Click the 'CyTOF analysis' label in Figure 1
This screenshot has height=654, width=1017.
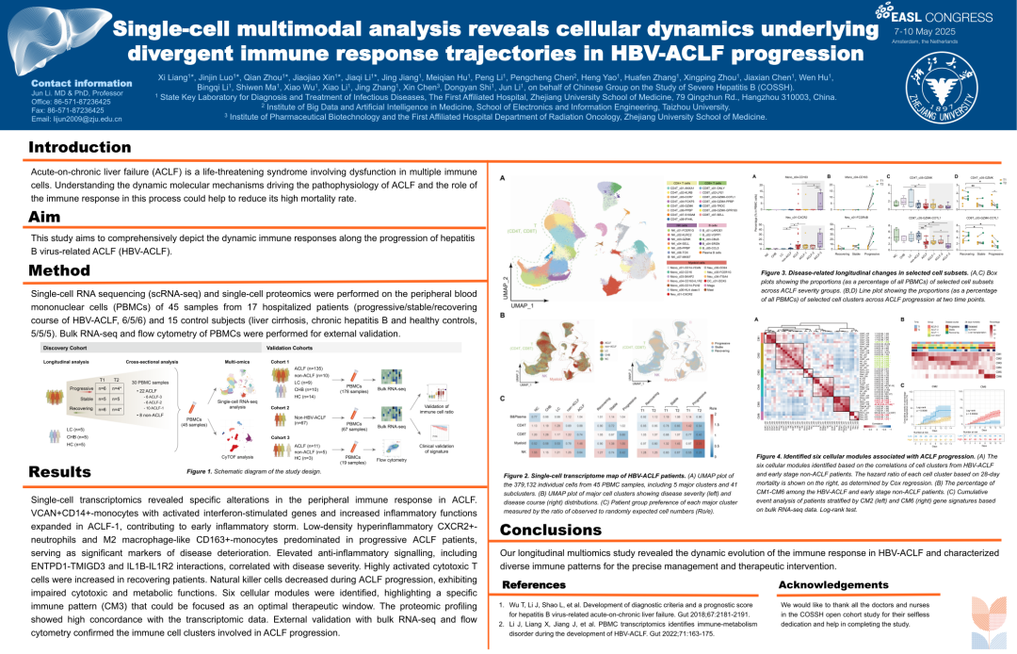(239, 456)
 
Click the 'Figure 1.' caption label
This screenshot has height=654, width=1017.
(203, 471)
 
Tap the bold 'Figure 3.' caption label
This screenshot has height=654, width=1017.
(779, 270)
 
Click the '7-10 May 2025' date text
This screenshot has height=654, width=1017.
(925, 31)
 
